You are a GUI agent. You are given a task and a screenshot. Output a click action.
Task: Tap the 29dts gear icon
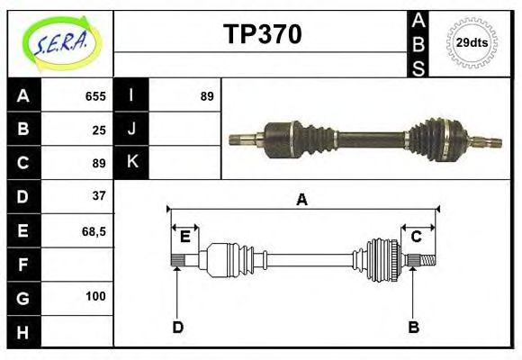coord(472,42)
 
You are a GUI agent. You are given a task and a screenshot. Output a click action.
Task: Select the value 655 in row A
coord(95,96)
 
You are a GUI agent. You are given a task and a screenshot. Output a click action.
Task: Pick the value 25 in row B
coord(99,130)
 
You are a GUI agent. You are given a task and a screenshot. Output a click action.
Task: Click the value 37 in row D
coord(99,195)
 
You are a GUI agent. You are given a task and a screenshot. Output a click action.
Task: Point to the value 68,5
coord(94,231)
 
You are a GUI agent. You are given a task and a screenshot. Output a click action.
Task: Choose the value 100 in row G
coord(95,296)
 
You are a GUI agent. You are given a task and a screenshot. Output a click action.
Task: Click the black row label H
coord(22,332)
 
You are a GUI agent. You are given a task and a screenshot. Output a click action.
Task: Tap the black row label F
coord(22,265)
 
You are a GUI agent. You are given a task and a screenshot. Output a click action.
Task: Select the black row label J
coord(131,130)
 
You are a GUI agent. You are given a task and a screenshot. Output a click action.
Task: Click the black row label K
coord(131,163)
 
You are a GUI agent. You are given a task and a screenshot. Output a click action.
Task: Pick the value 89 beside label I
coord(207,96)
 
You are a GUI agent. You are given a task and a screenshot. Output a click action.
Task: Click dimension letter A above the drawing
coord(302,200)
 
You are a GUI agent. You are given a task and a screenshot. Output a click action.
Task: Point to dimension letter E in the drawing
coord(184,237)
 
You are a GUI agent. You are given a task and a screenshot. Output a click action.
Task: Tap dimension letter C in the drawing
coord(417,237)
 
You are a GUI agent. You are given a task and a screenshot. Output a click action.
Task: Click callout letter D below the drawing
coord(177,327)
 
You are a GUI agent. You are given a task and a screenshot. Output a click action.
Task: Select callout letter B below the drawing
coord(414,327)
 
